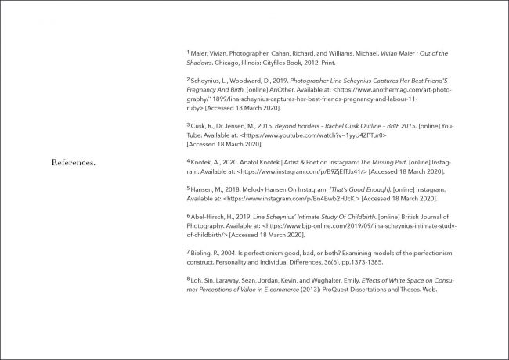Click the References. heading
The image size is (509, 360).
point(73,164)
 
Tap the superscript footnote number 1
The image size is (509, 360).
point(188,52)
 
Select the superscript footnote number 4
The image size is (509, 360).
point(188,159)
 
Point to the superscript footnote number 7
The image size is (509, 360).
point(188,251)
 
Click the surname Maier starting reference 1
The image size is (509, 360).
point(200,53)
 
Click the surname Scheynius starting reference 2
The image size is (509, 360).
point(208,81)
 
